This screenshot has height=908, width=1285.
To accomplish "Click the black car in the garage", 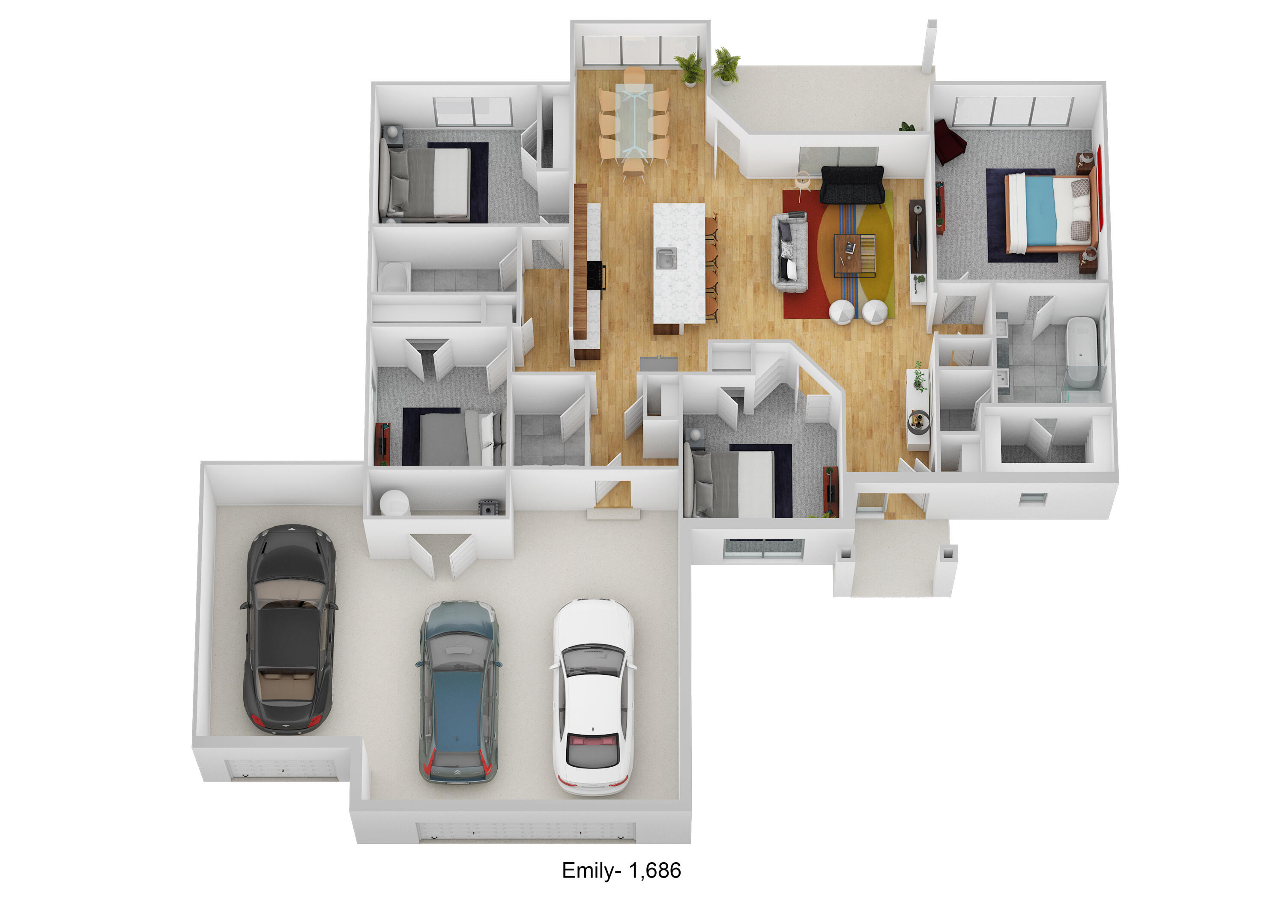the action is tap(290, 629).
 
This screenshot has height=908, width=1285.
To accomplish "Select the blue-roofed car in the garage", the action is tap(458, 693).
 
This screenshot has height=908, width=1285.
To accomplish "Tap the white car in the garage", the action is tap(593, 697).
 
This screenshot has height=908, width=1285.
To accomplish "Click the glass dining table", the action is tap(634, 122).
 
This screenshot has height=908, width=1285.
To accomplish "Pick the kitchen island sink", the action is tap(666, 259).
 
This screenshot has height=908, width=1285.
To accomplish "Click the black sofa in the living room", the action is tap(852, 185).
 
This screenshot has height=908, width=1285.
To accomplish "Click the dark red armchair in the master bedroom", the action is tap(949, 142).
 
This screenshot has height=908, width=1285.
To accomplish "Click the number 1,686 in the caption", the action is tap(655, 870).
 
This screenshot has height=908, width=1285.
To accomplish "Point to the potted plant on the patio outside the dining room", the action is tap(726, 65).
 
